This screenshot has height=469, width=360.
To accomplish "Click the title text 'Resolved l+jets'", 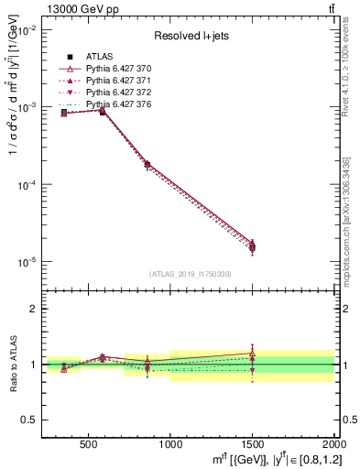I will [190, 36].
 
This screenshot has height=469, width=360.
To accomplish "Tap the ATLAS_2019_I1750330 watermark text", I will [190, 274].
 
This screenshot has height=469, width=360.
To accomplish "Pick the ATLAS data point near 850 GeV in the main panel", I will [147, 165].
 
